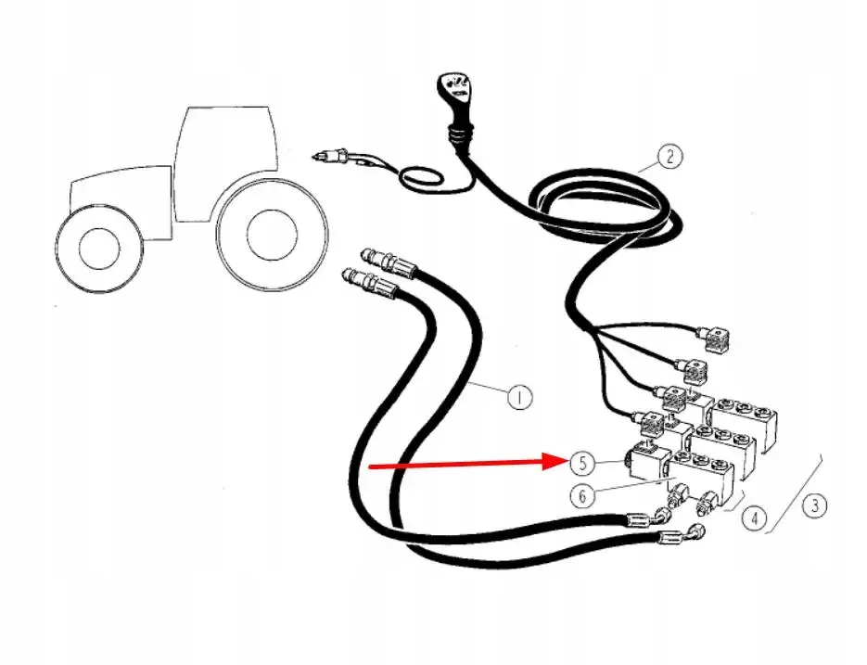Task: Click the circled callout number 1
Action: (519, 397)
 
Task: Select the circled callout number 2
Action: (669, 157)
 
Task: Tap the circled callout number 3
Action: (815, 505)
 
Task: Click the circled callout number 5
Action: (582, 463)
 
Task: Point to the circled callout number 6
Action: (582, 495)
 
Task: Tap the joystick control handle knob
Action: (455, 91)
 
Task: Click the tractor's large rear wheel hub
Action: (269, 235)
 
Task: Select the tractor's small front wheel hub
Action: (99, 249)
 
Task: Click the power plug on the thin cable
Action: (332, 156)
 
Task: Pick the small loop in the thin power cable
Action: (422, 179)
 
